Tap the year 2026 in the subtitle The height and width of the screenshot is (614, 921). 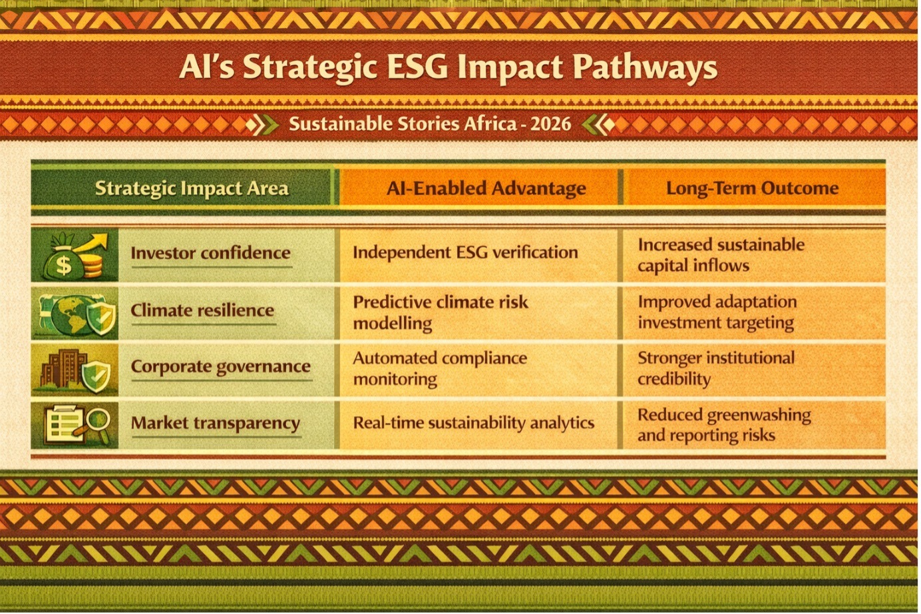click(550, 124)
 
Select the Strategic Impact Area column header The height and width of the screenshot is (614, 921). click(192, 188)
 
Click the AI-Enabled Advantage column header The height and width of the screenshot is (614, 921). click(486, 188)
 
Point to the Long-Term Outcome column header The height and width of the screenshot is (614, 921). click(752, 188)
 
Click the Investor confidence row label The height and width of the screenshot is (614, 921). click(210, 252)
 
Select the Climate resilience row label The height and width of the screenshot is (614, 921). click(202, 310)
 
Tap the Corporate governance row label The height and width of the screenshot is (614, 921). click(221, 367)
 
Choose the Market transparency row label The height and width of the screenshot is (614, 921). click(216, 423)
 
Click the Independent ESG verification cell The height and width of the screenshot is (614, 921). click(465, 252)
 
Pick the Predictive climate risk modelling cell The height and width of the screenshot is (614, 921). click(441, 313)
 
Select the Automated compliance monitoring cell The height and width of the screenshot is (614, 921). click(440, 369)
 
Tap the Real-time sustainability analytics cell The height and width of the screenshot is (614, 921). click(474, 423)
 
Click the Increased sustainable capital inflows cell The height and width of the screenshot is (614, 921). click(721, 255)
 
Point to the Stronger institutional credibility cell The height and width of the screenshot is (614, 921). click(716, 368)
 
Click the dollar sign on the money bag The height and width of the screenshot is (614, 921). click(63, 265)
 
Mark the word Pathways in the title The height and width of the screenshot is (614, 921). click(645, 68)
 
